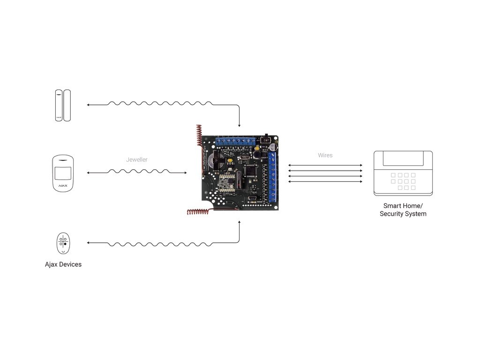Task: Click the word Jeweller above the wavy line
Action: point(136,160)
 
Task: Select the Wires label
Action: point(325,155)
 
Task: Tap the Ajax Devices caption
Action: point(63,264)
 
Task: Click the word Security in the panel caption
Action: point(393,214)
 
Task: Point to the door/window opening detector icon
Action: point(63,105)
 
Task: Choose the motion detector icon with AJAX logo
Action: point(63,172)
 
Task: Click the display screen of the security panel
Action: point(403,158)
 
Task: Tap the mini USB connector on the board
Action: point(252,199)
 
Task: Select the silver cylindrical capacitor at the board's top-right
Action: point(274,147)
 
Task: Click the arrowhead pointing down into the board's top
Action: point(240,125)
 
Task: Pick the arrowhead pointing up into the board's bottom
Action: point(240,223)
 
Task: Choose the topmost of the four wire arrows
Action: point(325,165)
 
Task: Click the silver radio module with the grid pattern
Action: point(227,180)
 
